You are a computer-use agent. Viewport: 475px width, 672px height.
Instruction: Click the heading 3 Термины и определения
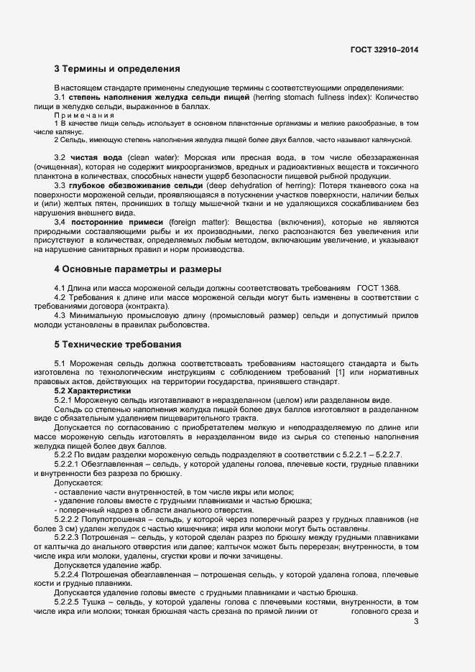117,70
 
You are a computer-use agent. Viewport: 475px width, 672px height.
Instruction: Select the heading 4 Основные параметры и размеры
137,269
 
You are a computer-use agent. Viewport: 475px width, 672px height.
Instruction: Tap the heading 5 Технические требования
119,345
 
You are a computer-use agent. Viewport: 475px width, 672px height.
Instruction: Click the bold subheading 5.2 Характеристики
90,391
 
